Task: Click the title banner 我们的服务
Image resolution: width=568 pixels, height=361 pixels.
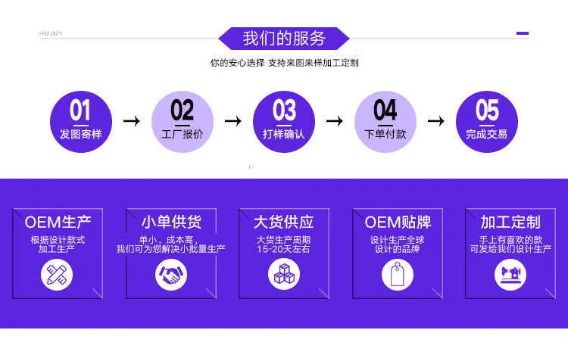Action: (284, 39)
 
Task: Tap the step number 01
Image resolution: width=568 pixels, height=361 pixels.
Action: (80, 110)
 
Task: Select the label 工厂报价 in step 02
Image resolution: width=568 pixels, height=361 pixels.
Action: (183, 134)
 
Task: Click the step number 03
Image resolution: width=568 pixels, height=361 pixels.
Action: (284, 110)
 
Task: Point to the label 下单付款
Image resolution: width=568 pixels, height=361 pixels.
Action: (385, 134)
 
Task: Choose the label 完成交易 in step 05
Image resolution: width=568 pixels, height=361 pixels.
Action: (486, 134)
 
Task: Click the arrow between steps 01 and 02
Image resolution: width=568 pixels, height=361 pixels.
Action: (132, 121)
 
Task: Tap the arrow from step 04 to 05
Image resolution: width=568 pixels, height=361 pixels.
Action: (436, 121)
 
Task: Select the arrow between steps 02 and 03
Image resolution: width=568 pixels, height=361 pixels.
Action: (233, 121)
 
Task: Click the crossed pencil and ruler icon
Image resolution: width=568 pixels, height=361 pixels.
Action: (57, 275)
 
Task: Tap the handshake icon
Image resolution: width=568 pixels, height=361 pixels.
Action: (171, 275)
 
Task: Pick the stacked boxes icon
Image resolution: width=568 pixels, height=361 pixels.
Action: (284, 275)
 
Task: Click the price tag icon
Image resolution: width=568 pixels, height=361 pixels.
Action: (398, 275)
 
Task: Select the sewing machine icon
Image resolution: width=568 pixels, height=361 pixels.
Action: (510, 275)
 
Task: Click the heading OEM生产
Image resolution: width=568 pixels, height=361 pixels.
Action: (58, 223)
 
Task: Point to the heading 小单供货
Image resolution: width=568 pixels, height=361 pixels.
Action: (171, 223)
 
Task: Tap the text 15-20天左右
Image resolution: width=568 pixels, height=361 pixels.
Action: (284, 249)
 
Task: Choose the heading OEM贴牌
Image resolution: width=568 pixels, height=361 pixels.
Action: (398, 223)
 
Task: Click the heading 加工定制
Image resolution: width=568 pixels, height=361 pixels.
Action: (510, 223)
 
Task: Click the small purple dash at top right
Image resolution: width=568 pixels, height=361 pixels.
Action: (523, 33)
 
